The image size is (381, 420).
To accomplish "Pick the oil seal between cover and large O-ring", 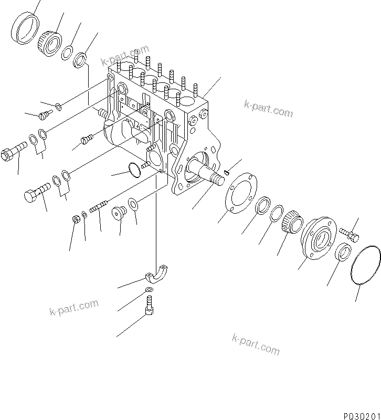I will tap(344, 252).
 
